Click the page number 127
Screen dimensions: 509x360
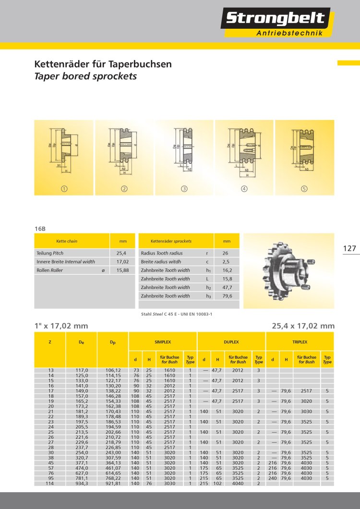[349, 248]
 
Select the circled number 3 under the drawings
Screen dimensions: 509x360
[184, 189]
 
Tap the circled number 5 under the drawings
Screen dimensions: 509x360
[304, 189]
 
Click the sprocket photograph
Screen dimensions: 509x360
[288, 270]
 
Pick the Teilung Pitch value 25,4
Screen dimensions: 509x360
[121, 253]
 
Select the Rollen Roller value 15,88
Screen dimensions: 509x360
[122, 270]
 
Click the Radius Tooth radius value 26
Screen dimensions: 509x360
[225, 253]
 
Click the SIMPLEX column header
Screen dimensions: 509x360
[163, 342]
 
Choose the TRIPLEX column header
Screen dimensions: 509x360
[300, 342]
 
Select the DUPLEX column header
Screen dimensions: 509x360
[231, 342]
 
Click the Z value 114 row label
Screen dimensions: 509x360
[50, 483]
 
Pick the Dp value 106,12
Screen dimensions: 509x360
[113, 370]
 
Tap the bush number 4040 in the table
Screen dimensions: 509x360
[238, 483]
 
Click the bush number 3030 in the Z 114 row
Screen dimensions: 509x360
[169, 483]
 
